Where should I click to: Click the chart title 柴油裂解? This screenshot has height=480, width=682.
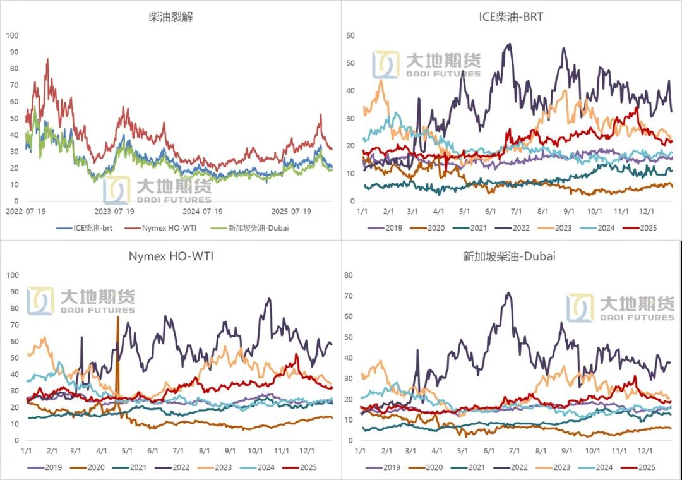170,17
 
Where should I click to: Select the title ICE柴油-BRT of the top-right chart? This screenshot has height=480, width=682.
511,17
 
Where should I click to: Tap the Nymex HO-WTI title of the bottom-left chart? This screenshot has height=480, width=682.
170,256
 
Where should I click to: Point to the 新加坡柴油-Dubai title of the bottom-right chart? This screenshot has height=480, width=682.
511,256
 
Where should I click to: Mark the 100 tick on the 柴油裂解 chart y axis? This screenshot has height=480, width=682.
11,35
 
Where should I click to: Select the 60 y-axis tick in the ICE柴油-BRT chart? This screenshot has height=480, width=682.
351,35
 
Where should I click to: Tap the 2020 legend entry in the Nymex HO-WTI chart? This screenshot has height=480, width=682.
92,467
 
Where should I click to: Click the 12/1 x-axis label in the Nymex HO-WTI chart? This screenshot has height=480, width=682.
307,452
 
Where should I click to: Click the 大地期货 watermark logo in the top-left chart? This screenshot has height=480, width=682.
158,189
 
